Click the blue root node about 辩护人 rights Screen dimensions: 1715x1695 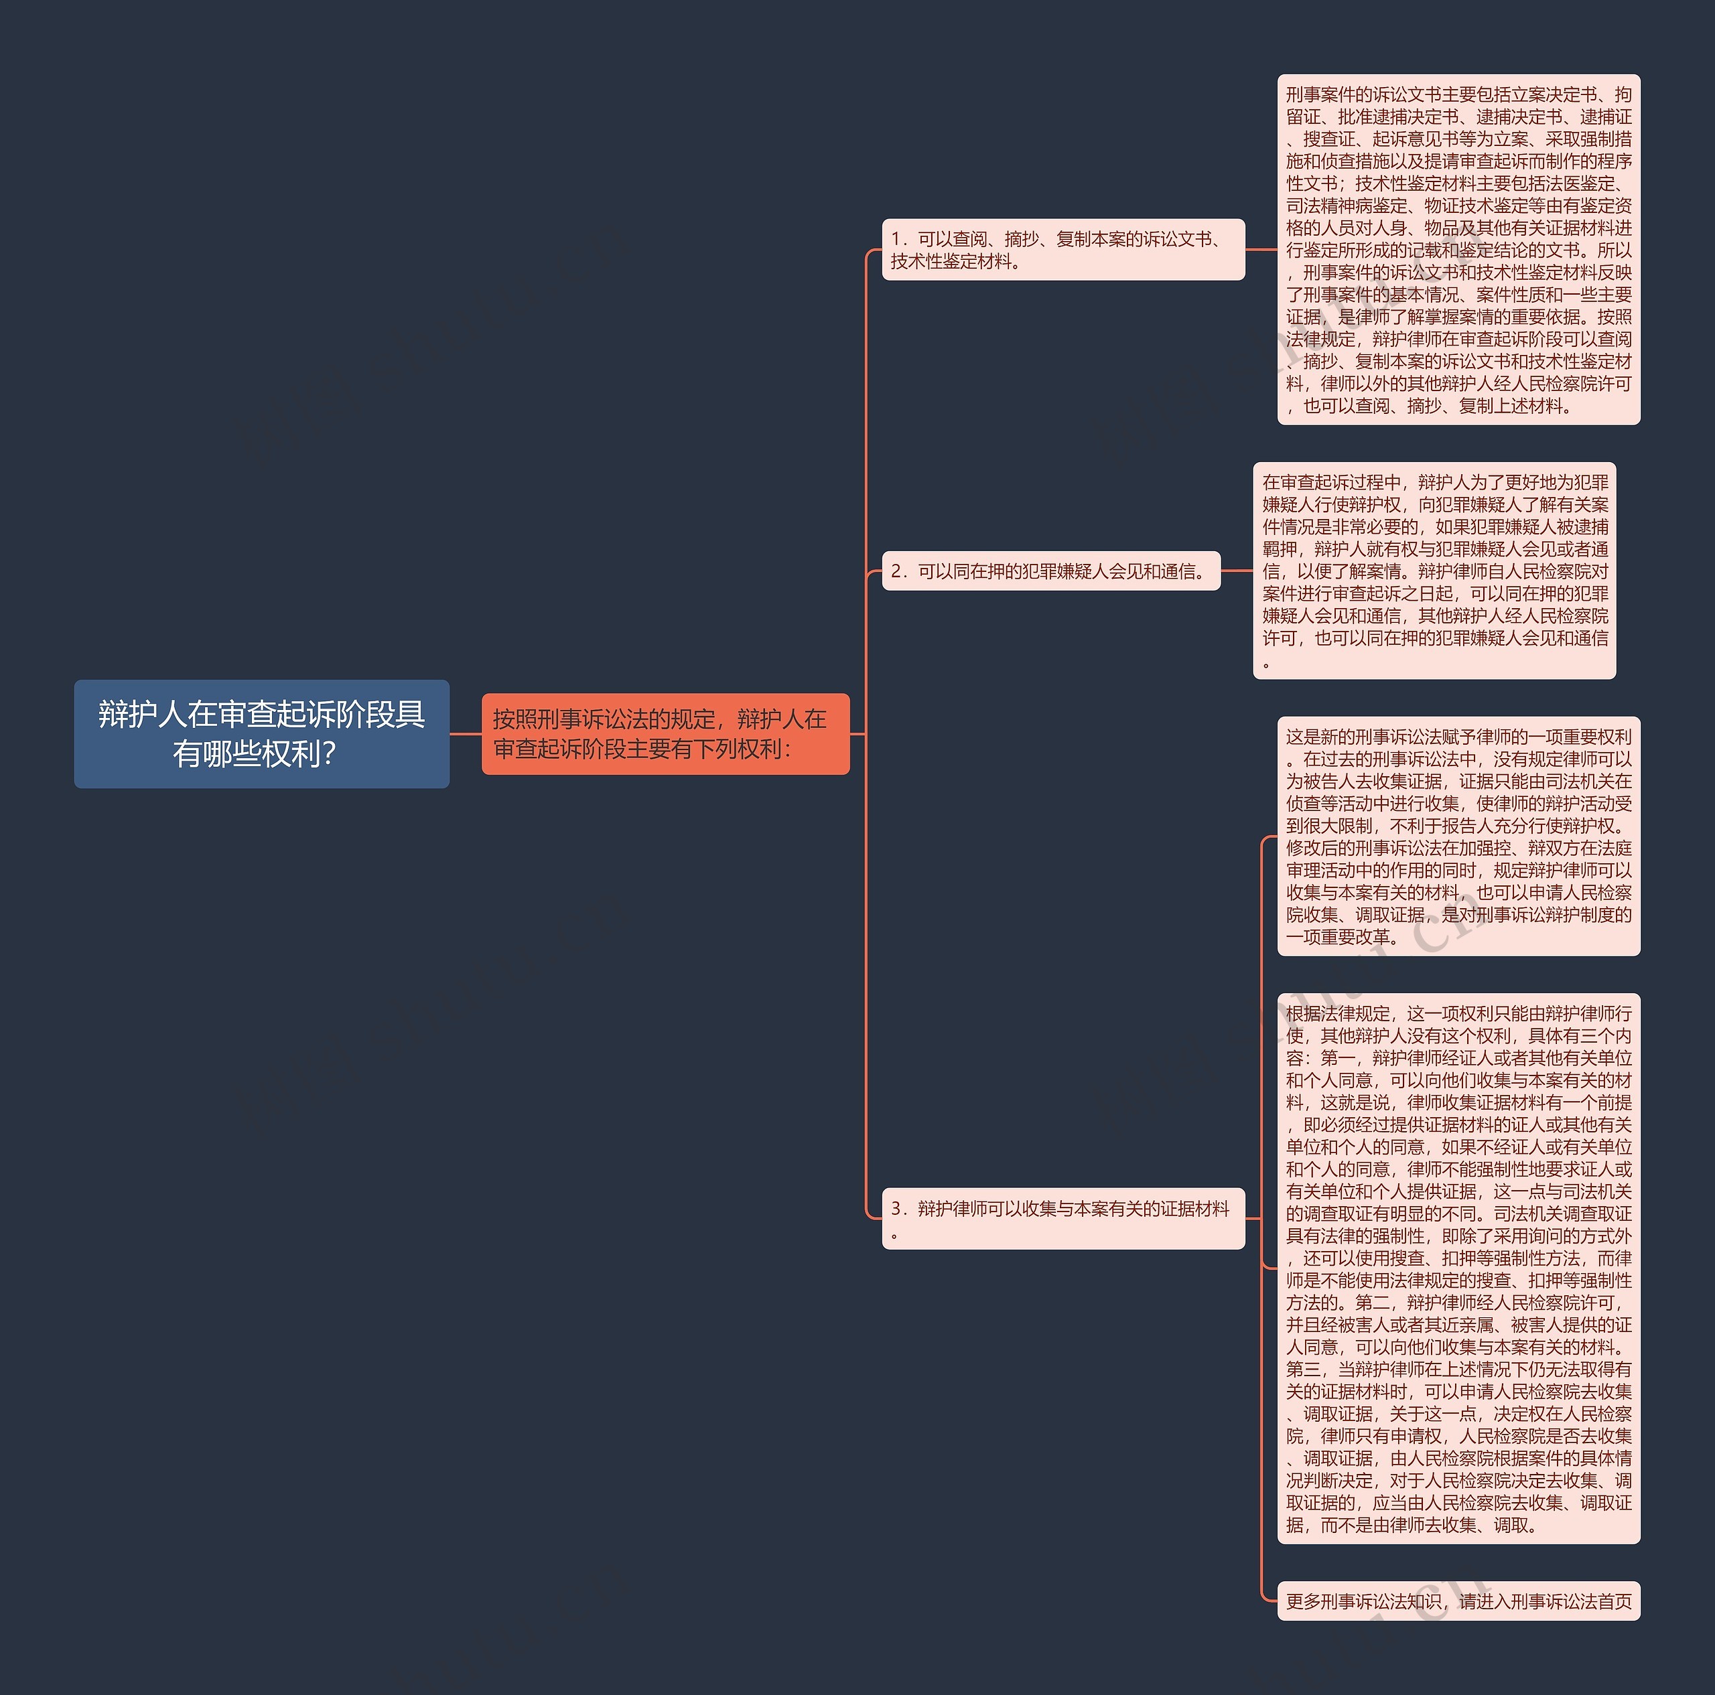tap(261, 733)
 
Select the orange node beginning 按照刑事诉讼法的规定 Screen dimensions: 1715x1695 tap(665, 733)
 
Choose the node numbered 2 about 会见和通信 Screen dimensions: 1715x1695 tap(1051, 571)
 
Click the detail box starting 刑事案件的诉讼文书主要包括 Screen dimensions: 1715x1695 tap(1458, 249)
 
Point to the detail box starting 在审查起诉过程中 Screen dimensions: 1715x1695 tap(1434, 570)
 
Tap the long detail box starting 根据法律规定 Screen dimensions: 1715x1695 tap(1458, 1268)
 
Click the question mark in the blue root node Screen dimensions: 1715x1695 tap(330, 754)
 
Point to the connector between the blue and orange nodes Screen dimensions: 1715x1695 tap(465, 734)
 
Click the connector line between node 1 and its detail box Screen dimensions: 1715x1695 tap(1261, 249)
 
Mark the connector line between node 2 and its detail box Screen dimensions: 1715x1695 tap(1237, 571)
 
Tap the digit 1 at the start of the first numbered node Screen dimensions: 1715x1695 tap(896, 238)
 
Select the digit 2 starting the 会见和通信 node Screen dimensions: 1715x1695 tap(896, 571)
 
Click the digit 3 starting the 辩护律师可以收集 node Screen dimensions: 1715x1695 tap(896, 1208)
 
